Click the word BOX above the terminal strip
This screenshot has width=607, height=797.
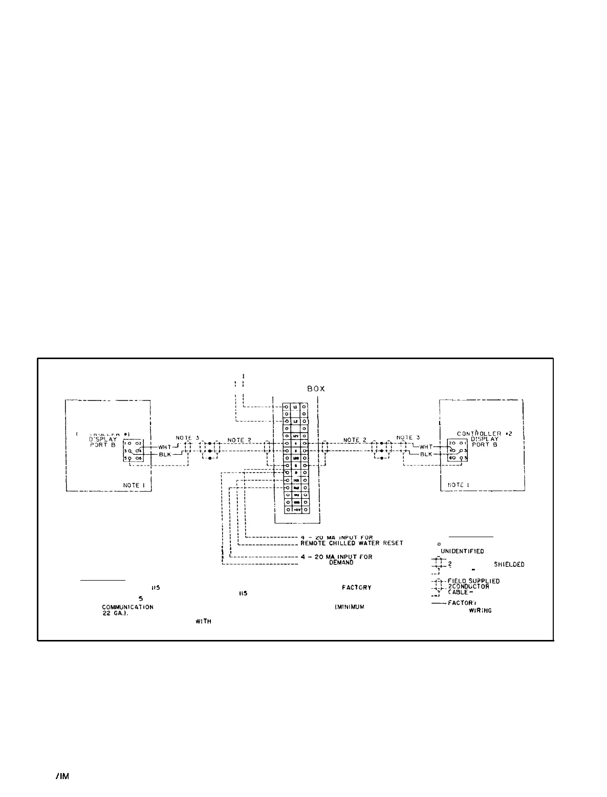(x=316, y=389)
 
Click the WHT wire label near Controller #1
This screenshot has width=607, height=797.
(x=164, y=447)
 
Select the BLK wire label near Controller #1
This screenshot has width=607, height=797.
(x=164, y=454)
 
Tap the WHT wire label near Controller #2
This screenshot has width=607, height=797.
(x=426, y=447)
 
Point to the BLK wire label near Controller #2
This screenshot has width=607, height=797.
(x=427, y=454)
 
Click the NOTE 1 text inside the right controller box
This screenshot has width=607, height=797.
(x=459, y=484)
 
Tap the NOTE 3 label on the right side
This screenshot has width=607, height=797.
(x=408, y=437)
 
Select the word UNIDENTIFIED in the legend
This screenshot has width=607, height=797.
(x=462, y=551)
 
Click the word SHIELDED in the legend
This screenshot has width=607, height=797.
(x=508, y=565)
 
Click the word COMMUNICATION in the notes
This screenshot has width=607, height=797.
(x=127, y=607)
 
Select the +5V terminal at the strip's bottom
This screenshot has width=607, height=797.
(x=296, y=510)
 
